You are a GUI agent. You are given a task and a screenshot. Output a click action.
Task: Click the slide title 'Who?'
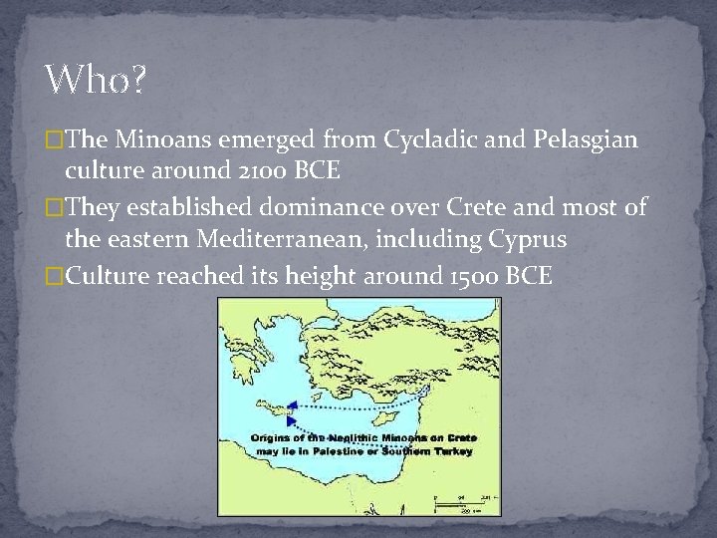click(x=95, y=80)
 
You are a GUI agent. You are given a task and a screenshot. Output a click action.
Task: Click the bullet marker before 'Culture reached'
click(x=56, y=275)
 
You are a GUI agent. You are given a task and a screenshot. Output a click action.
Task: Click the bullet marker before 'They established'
click(x=56, y=207)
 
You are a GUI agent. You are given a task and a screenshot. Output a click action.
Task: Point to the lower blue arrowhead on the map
click(x=291, y=421)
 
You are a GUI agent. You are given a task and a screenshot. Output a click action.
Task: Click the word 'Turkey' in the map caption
click(x=454, y=451)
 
